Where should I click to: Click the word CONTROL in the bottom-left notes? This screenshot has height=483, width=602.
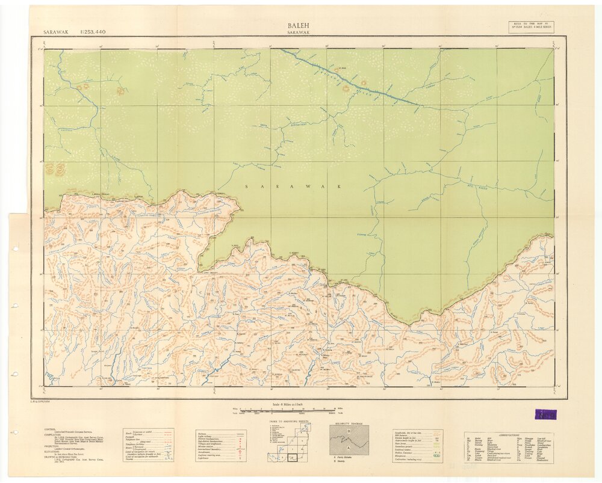coord(51,429)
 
